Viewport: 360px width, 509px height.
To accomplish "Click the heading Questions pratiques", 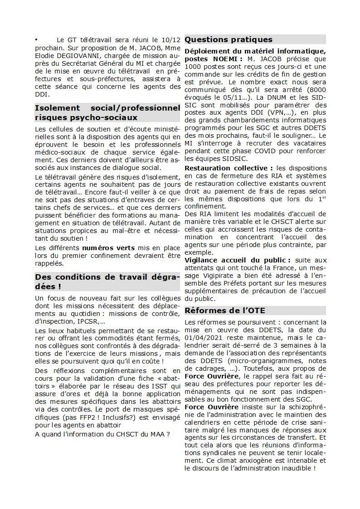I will coord(229,39).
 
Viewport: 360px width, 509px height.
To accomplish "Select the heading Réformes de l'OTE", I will coord(225,310).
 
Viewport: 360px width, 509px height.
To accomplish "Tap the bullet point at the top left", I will coord(36,40).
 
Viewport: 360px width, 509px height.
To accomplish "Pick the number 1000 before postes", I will coord(193,67).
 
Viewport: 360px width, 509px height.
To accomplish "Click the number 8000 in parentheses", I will coord(317,90).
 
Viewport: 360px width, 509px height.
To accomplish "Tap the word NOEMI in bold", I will coord(225,59).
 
